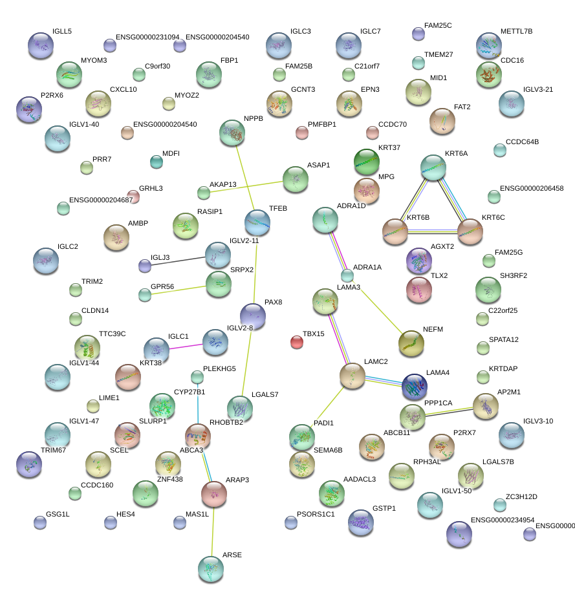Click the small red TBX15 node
(x=297, y=342)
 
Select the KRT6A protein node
(x=433, y=167)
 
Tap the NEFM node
(x=411, y=343)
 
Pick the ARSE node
(x=211, y=568)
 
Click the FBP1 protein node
(x=208, y=74)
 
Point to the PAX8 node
(x=252, y=315)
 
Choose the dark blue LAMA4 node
(x=415, y=386)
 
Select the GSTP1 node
(x=361, y=522)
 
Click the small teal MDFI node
(x=156, y=162)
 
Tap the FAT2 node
(x=442, y=120)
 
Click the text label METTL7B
(x=516, y=31)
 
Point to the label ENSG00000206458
(x=532, y=189)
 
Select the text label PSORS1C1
(x=316, y=515)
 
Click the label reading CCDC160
(x=97, y=486)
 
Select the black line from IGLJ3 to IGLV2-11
(x=178, y=261)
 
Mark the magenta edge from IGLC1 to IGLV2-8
(x=186, y=347)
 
